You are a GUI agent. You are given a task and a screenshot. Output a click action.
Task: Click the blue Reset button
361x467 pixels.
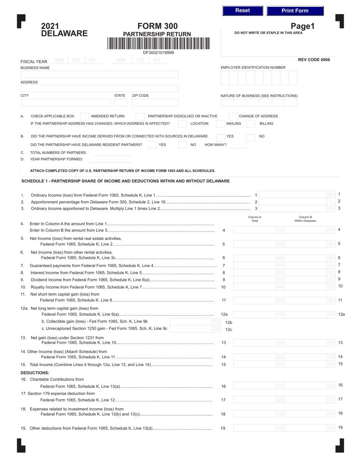point(242,11)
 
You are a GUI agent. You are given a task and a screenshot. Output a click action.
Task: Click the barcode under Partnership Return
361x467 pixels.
point(158,44)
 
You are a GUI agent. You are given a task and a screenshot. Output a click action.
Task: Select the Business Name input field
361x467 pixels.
point(99,74)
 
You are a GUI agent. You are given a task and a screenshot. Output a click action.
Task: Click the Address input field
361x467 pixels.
point(99,89)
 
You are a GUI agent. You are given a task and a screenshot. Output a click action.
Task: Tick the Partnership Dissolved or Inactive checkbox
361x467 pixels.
point(140,116)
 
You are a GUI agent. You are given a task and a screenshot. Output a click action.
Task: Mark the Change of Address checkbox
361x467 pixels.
point(233,116)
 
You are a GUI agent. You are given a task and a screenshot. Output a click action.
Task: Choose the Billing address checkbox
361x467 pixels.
point(250,124)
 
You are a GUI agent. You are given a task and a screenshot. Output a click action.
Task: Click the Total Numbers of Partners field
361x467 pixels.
point(112,153)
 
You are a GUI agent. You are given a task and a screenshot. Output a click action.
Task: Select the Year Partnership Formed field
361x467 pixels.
point(112,159)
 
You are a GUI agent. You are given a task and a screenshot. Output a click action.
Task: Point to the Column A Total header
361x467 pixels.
point(255,219)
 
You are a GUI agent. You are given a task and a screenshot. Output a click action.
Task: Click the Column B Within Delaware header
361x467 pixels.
point(305,219)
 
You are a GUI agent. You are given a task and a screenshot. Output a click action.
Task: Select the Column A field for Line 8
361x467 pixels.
point(259,272)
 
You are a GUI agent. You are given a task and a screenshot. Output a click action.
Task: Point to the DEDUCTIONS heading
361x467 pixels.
point(35,372)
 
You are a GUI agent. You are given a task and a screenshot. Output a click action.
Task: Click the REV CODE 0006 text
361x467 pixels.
point(314,60)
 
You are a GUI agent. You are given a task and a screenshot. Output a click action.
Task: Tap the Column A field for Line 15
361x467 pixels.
point(259,364)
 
